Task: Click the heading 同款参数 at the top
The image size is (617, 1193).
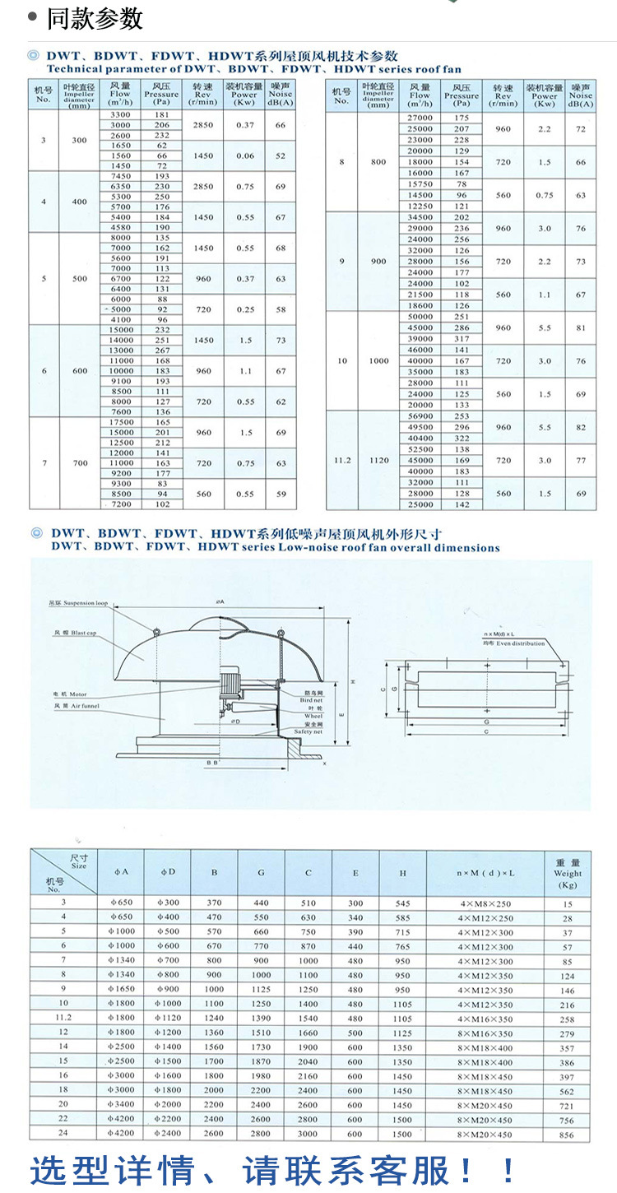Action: coord(94,18)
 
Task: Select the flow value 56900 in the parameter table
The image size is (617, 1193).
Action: coord(420,417)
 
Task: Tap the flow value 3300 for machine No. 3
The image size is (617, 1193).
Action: coord(120,114)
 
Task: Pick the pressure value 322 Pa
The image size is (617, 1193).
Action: coord(462,439)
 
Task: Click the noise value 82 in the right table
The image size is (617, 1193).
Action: coord(581,428)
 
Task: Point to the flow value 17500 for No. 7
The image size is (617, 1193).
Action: coord(120,422)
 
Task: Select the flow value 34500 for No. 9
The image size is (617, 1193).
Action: coord(420,217)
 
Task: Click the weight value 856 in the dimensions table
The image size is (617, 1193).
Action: coord(568,1135)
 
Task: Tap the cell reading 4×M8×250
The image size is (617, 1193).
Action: coord(485,903)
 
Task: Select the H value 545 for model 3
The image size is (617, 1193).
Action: coord(402,903)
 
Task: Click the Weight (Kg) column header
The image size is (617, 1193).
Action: coord(568,873)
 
